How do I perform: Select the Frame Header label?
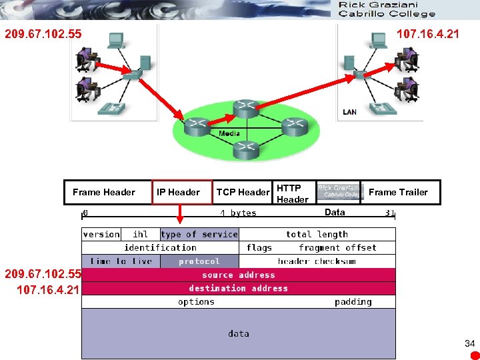103,192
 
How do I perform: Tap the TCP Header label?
243,192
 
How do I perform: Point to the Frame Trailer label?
398,192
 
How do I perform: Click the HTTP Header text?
292,193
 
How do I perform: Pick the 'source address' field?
238,275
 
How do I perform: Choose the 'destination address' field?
238,288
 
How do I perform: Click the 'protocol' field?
199,261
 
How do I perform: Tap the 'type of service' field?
199,234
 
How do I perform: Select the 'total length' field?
317,234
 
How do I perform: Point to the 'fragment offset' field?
337,247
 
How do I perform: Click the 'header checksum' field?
317,261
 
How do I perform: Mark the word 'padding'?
353,301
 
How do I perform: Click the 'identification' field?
160,247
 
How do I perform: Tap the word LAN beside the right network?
349,112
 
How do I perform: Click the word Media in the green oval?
229,133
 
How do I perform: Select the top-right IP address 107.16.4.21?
427,33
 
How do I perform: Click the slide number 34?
469,343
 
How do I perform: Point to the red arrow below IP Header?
179,213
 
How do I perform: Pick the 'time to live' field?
121,261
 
